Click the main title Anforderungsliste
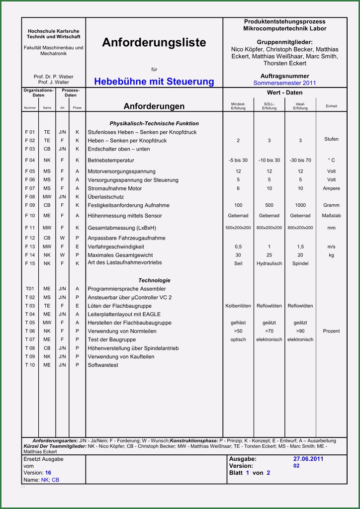click(x=154, y=43)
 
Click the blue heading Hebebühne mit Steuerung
click(x=154, y=82)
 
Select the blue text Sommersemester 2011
click(x=284, y=83)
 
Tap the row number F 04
click(x=30, y=160)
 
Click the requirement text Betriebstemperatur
click(x=111, y=161)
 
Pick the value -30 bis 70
click(x=300, y=160)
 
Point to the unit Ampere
click(x=331, y=188)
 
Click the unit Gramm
click(x=331, y=205)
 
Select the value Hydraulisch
click(x=269, y=263)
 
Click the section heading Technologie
click(x=154, y=280)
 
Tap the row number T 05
click(x=30, y=323)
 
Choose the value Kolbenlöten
click(x=238, y=306)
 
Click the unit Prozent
click(x=331, y=331)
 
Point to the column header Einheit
click(x=331, y=106)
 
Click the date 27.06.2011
click(x=308, y=459)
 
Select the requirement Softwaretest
click(x=103, y=365)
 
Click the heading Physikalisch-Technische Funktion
click(x=154, y=123)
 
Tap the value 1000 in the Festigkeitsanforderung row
click(x=300, y=205)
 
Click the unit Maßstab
click(x=331, y=216)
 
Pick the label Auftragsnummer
click(x=284, y=76)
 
